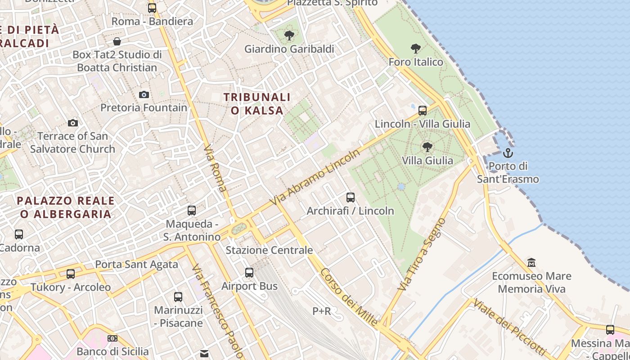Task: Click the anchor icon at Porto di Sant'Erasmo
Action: [508, 153]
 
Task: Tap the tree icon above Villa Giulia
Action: [427, 147]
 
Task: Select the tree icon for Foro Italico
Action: [416, 48]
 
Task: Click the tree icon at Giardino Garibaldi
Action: [289, 35]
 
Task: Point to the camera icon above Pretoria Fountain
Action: [144, 94]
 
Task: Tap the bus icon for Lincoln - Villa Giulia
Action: [422, 110]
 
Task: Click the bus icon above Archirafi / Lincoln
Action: [350, 197]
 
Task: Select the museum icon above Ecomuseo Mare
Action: [531, 262]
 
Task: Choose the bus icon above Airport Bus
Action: [249, 272]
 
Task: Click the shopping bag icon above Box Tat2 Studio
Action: [117, 41]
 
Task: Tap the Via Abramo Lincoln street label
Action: [315, 177]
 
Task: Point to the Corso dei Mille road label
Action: [349, 297]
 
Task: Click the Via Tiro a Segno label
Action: [422, 254]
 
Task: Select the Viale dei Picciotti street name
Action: [508, 326]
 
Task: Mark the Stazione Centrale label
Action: [269, 250]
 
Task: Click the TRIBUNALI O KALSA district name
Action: [257, 103]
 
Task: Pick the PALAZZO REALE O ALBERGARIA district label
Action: [66, 207]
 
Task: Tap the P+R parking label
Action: [322, 311]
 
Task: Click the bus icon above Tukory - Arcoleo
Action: [71, 274]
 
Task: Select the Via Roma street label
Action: [215, 168]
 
